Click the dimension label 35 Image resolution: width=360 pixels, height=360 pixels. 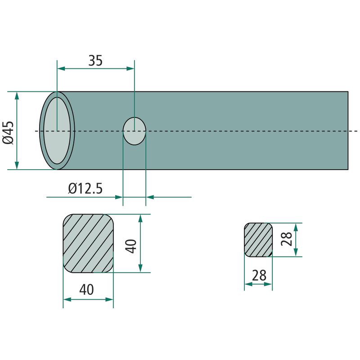[x=95, y=61]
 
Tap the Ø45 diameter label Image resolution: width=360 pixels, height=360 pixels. [x=8, y=132]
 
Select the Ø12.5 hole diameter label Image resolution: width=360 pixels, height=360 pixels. [x=85, y=189]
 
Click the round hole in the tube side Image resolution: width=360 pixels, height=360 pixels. [x=135, y=131]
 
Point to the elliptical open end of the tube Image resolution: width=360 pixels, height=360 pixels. [x=57, y=130]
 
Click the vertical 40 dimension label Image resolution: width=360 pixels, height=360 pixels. [x=131, y=246]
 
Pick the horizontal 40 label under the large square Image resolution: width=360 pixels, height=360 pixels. [x=86, y=289]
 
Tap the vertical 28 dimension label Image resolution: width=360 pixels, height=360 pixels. [x=287, y=239]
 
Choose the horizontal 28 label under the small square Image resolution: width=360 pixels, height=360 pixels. [x=259, y=275]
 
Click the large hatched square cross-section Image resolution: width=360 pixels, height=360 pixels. [x=88, y=243]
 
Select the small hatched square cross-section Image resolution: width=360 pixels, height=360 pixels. [x=258, y=240]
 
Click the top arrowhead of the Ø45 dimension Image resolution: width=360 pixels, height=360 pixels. [x=17, y=95]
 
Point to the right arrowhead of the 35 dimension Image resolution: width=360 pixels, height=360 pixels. [x=130, y=68]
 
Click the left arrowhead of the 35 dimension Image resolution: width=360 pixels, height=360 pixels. [x=61, y=68]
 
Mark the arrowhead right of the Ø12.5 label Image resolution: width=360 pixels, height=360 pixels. [x=119, y=197]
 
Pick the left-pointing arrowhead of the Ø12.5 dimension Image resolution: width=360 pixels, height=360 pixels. [x=150, y=197]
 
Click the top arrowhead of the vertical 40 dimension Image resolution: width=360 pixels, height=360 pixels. [x=140, y=218]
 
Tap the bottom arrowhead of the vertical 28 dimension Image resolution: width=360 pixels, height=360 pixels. [x=296, y=252]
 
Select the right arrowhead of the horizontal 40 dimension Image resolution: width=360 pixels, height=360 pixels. [x=109, y=299]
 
